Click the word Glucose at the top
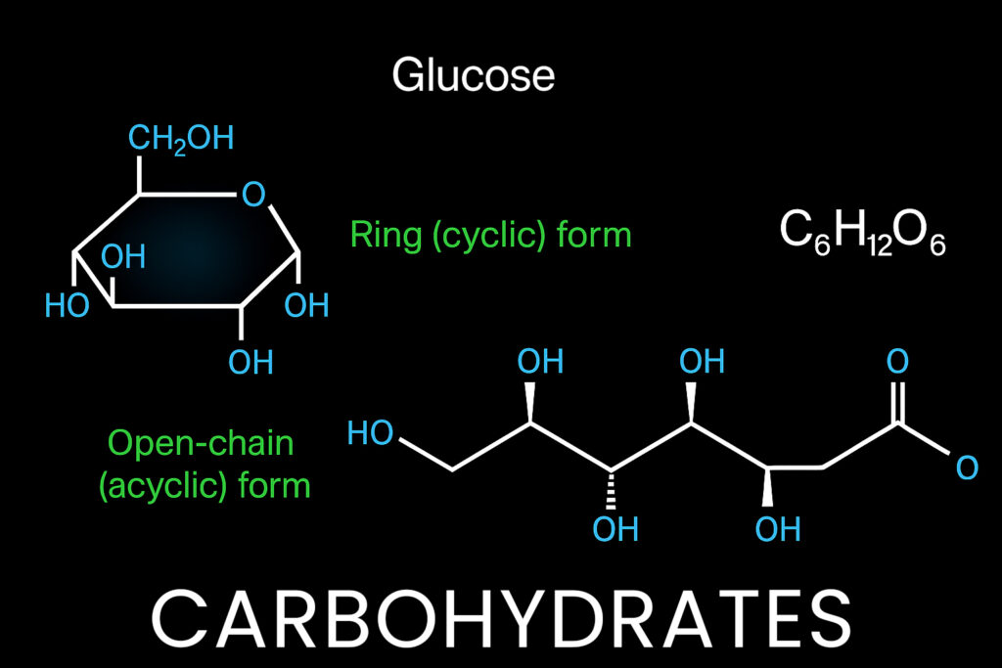(x=474, y=75)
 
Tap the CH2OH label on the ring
(x=181, y=139)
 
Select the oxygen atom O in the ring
(x=253, y=195)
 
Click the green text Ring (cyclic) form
(x=491, y=235)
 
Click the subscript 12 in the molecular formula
(x=879, y=245)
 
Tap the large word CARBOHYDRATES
(x=502, y=619)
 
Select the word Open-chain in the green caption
(x=201, y=443)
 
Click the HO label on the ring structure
(x=68, y=305)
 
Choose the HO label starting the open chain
(x=370, y=433)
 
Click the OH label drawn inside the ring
(x=123, y=256)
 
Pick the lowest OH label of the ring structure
(x=251, y=362)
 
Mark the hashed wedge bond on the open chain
(x=611, y=490)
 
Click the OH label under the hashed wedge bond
(x=615, y=529)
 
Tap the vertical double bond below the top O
(x=898, y=402)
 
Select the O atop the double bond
(x=898, y=362)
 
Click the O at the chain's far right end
(x=967, y=468)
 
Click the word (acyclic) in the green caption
(x=163, y=486)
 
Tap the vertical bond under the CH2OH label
(x=139, y=175)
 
